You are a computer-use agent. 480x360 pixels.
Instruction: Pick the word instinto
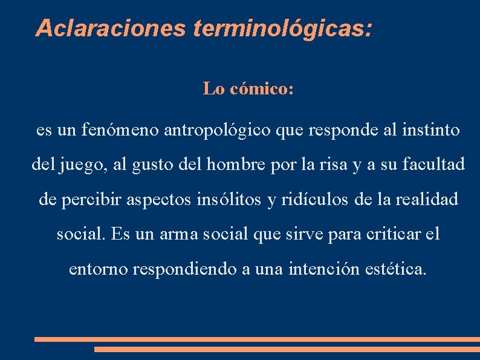[432, 130]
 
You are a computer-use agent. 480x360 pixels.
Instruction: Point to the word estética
[396, 269]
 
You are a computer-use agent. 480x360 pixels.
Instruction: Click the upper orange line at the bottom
[257, 339]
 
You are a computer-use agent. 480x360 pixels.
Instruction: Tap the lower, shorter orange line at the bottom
[287, 349]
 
